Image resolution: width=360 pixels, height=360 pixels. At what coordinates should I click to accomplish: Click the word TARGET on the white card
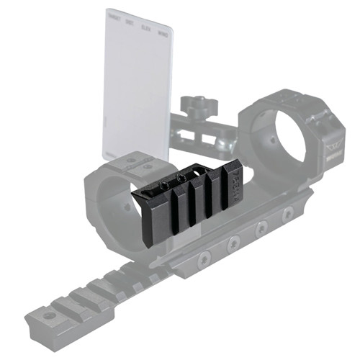tap(113, 14)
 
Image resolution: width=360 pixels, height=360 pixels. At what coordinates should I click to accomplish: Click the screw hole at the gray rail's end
tap(49, 316)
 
